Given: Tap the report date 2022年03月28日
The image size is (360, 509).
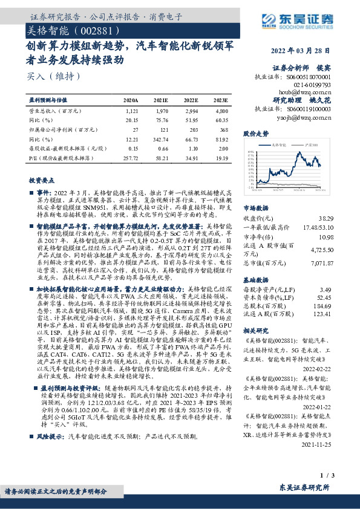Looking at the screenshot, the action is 301,51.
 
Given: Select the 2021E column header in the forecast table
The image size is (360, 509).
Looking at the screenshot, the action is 160,100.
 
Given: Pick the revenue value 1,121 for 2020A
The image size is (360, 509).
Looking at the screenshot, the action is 132,111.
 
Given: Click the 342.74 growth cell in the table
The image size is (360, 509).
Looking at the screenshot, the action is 160,140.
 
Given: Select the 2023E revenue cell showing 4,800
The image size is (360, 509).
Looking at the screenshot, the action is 221,111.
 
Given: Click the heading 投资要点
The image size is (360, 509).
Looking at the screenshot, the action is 41,180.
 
